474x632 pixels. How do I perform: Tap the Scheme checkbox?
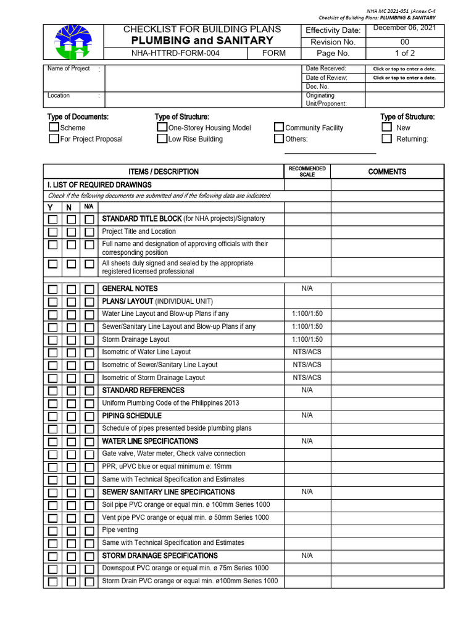pyautogui.click(x=54, y=127)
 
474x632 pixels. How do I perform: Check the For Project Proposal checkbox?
pyautogui.click(x=54, y=139)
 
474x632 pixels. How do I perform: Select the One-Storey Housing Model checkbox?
pyautogui.click(x=162, y=127)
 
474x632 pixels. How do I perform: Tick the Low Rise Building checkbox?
pyautogui.click(x=162, y=139)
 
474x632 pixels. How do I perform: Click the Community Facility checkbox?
pyautogui.click(x=279, y=127)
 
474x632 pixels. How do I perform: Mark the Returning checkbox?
pyautogui.click(x=386, y=139)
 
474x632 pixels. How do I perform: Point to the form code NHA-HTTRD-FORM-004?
pyautogui.click(x=175, y=53)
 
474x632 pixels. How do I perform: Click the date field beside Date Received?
pyautogui.click(x=404, y=69)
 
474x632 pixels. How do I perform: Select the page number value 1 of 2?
pyautogui.click(x=404, y=53)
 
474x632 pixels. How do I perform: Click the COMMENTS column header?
pyautogui.click(x=387, y=172)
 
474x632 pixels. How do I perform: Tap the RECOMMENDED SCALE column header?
pyautogui.click(x=307, y=172)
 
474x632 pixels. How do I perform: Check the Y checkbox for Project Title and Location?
pyautogui.click(x=53, y=232)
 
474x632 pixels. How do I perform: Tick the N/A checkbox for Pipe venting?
pyautogui.click(x=89, y=531)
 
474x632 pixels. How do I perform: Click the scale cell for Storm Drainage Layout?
pyautogui.click(x=307, y=339)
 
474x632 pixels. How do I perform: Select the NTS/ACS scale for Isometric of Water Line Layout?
pyautogui.click(x=307, y=352)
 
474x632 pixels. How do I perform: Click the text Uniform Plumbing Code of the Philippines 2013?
pyautogui.click(x=170, y=403)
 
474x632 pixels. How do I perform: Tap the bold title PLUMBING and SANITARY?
pyautogui.click(x=202, y=41)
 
